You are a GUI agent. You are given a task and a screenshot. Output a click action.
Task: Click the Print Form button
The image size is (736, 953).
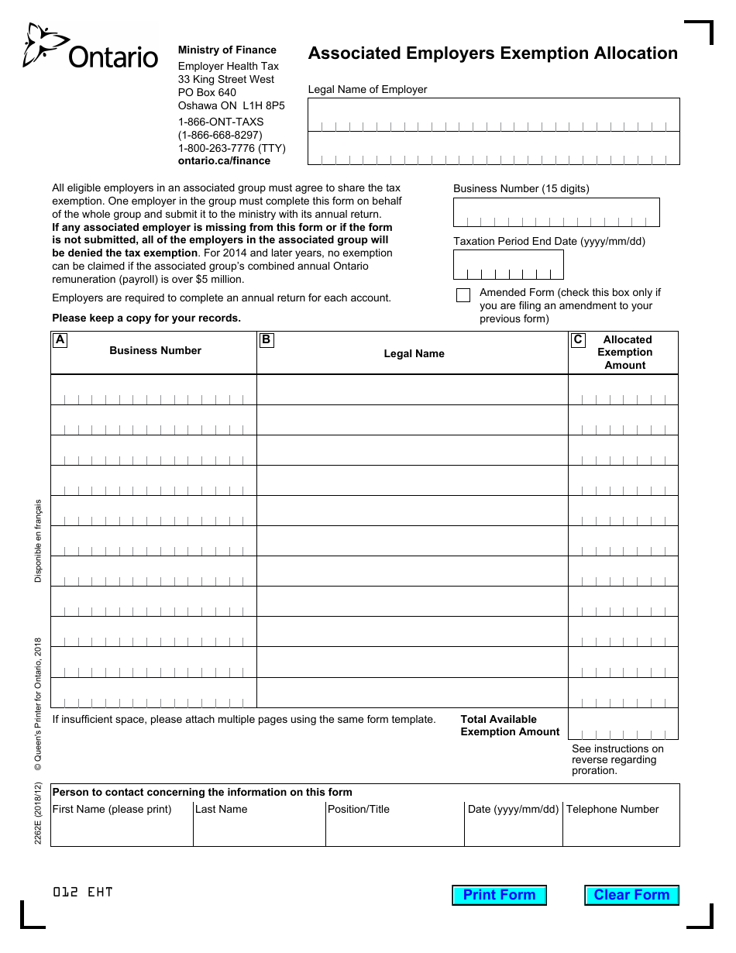click(x=499, y=895)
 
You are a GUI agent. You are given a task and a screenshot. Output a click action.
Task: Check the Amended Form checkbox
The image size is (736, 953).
click(x=463, y=295)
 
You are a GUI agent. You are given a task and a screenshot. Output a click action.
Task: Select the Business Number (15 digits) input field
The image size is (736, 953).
click(x=556, y=212)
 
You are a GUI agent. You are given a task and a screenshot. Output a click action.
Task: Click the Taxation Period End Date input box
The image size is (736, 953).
click(x=508, y=265)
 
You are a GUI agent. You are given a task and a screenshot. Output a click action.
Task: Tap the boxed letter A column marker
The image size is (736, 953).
click(x=60, y=339)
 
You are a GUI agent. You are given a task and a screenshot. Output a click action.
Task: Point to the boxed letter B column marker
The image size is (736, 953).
click(x=267, y=339)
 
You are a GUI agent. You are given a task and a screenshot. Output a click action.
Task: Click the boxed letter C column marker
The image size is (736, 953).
click(x=578, y=339)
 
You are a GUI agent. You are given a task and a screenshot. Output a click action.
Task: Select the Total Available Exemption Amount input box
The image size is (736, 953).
click(x=623, y=724)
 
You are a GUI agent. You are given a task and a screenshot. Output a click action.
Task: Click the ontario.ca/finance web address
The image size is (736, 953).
click(x=224, y=161)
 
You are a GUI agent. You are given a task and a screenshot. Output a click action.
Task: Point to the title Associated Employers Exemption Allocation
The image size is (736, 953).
click(x=493, y=53)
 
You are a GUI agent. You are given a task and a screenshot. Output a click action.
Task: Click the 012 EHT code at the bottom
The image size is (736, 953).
click(x=83, y=892)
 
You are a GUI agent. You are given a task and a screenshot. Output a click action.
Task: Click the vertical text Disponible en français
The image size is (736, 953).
click(x=39, y=540)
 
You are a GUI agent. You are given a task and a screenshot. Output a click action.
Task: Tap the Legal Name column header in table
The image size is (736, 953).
click(x=414, y=354)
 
